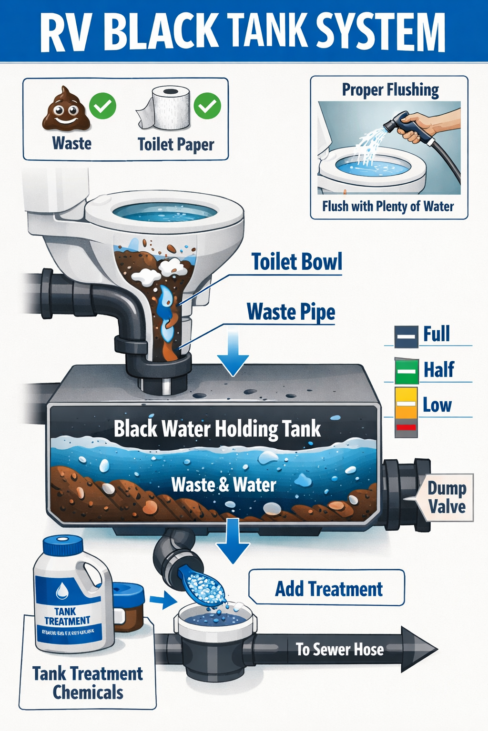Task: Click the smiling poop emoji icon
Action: click(x=66, y=109)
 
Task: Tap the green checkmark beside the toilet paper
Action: click(x=207, y=106)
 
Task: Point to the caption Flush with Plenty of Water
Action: click(x=388, y=207)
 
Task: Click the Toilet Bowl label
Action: click(x=296, y=262)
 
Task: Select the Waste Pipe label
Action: click(x=291, y=313)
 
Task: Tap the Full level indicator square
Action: click(x=407, y=336)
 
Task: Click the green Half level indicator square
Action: click(x=407, y=371)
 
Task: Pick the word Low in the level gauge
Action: click(x=437, y=405)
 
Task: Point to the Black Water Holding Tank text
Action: click(x=217, y=429)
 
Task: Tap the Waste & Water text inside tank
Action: click(x=224, y=485)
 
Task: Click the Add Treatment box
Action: click(x=328, y=589)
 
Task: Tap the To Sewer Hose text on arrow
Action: click(x=339, y=649)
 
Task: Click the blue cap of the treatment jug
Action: click(x=62, y=545)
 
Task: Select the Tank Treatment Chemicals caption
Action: click(x=88, y=683)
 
